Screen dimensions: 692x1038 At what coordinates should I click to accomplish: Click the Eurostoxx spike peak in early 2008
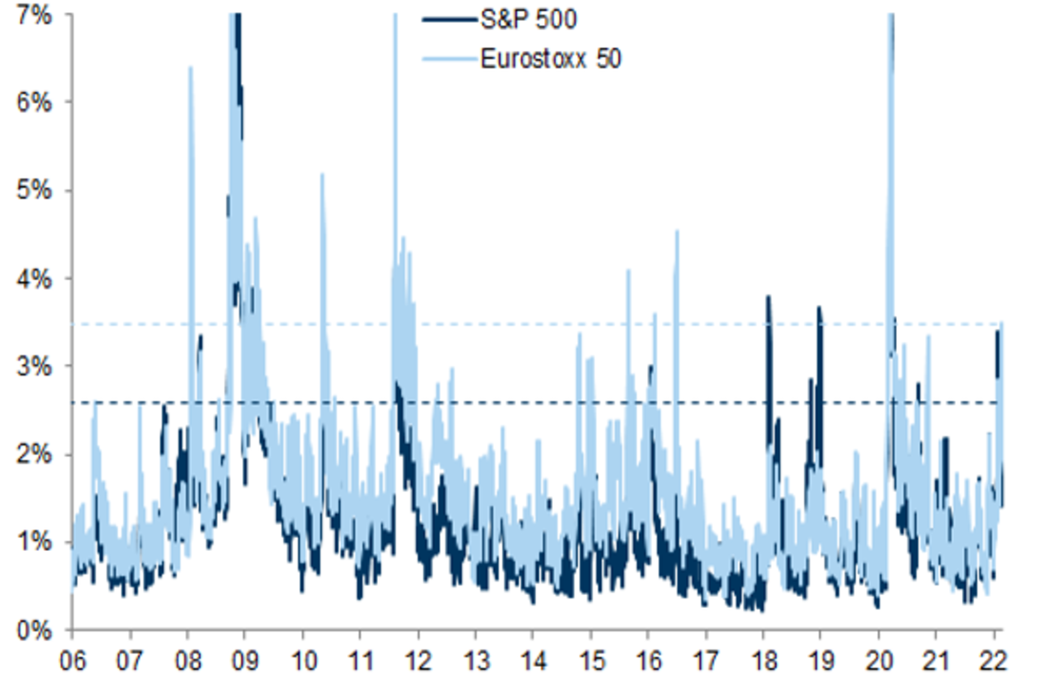tap(190, 67)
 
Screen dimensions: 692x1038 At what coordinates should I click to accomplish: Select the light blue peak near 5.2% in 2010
tap(322, 175)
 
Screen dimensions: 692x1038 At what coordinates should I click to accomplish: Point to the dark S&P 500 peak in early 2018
tap(767, 298)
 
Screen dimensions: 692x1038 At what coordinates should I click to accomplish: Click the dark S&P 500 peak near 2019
tap(818, 308)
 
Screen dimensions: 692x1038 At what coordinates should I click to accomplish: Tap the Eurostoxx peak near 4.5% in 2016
tap(676, 231)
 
